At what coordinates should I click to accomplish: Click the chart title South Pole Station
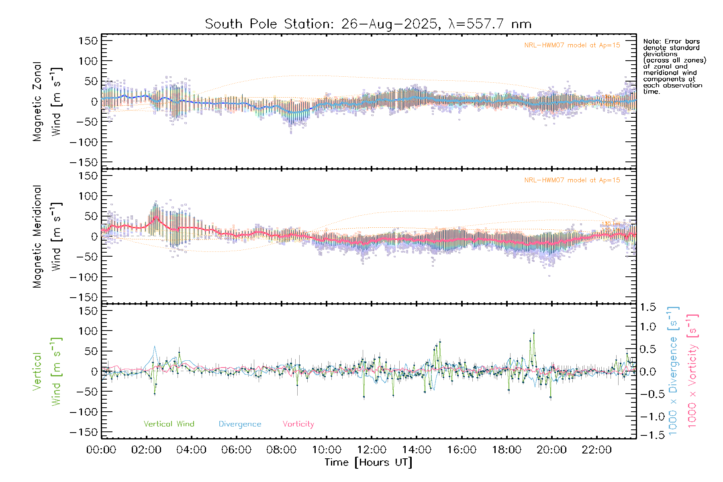[x=368, y=24]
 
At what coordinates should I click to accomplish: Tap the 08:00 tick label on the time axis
[x=281, y=450]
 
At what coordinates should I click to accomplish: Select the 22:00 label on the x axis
[x=596, y=450]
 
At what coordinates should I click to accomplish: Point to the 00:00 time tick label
[x=101, y=450]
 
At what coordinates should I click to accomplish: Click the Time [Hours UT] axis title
[x=368, y=463]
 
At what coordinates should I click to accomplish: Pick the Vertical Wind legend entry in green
[x=169, y=424]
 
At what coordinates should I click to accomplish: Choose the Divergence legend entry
[x=240, y=424]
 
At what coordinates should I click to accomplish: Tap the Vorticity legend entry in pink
[x=298, y=424]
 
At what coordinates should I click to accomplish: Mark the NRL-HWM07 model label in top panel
[x=572, y=45]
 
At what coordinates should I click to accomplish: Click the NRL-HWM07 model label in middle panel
[x=572, y=180]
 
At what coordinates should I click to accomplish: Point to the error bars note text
[x=674, y=66]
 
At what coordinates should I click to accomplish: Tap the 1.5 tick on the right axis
[x=647, y=307]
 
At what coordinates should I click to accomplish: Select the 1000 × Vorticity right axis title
[x=692, y=371]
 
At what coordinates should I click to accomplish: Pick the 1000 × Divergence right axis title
[x=673, y=371]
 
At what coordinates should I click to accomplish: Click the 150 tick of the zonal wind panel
[x=88, y=41]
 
